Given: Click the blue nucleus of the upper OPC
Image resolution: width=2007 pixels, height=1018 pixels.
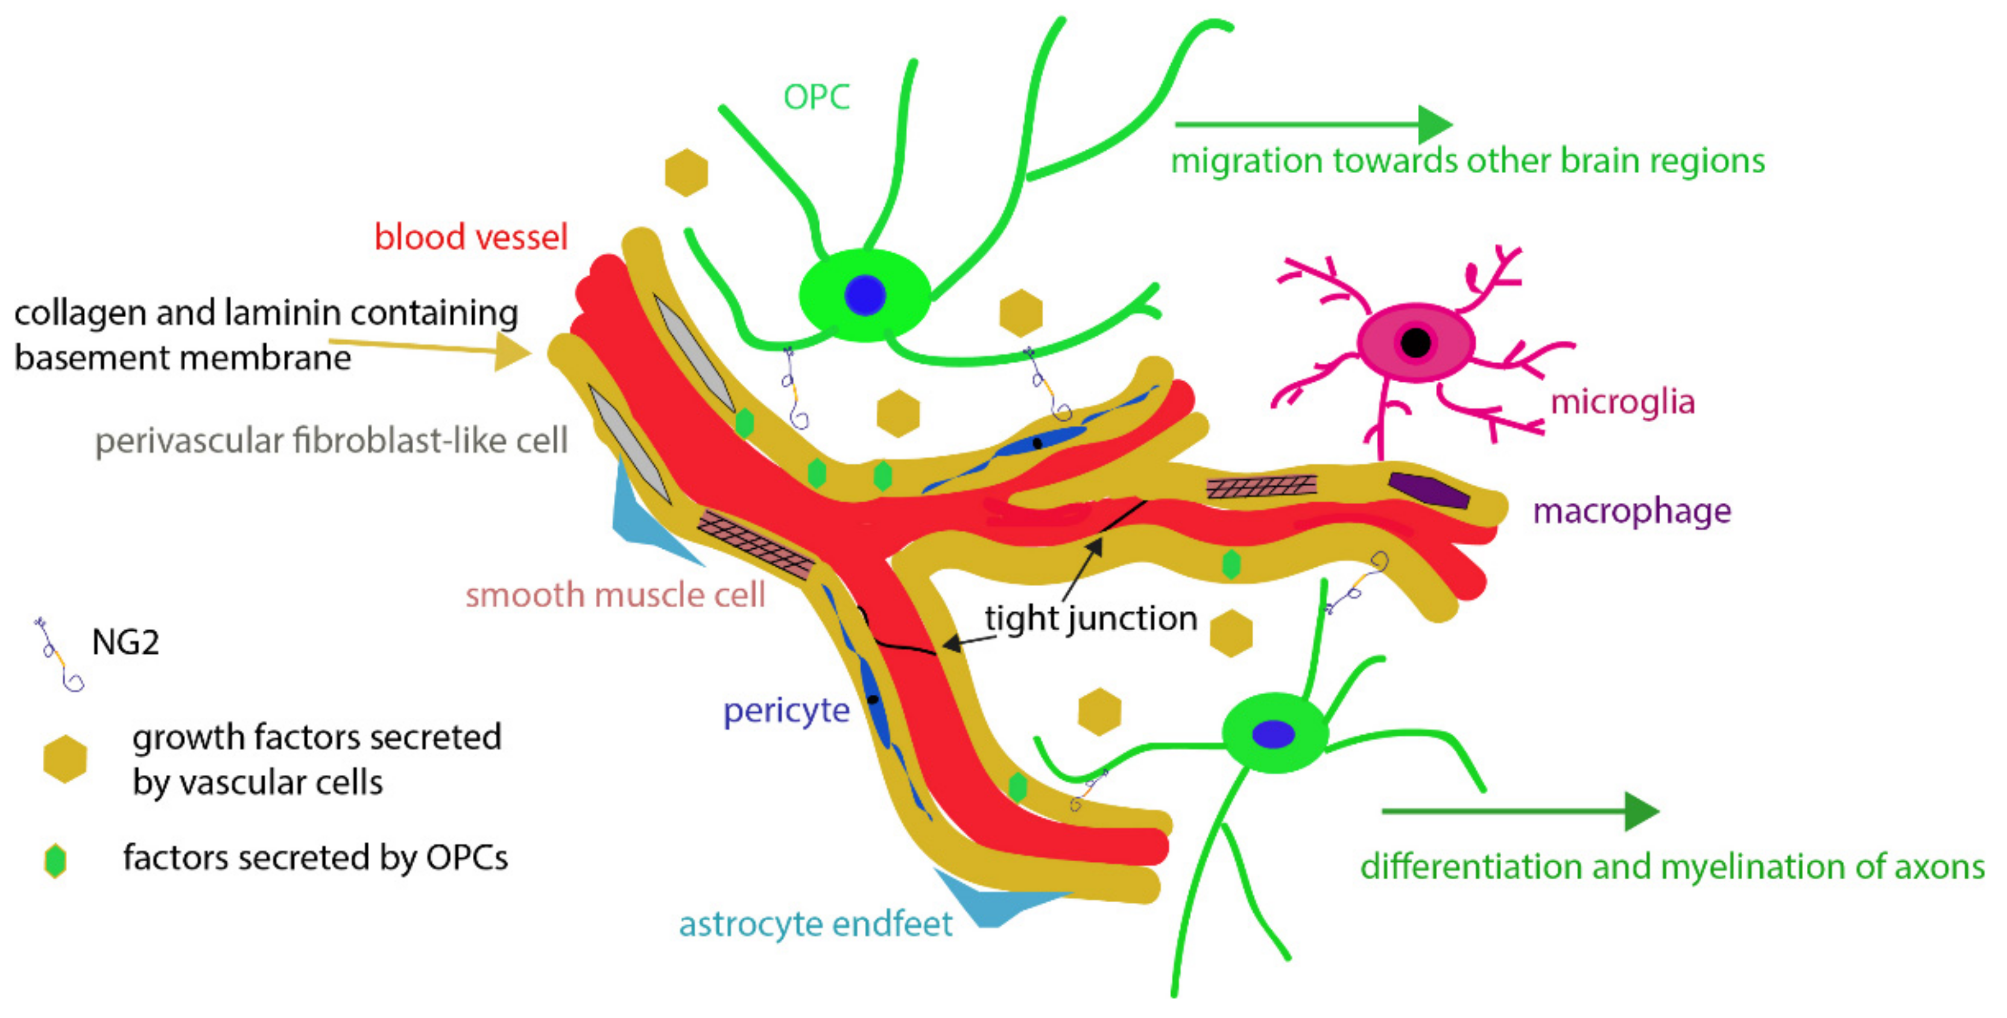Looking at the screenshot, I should pos(865,295).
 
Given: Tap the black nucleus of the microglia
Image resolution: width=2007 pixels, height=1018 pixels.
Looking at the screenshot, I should pos(1415,342).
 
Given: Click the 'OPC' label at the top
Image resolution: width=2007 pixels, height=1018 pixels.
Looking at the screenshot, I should pos(816,97).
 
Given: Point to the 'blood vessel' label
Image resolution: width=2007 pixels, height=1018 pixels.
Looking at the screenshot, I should pos(470,237).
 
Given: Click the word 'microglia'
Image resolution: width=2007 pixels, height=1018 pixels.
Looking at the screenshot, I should pos(1622,402).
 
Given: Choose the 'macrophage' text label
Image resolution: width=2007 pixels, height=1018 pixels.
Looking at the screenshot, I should pos(1631,511).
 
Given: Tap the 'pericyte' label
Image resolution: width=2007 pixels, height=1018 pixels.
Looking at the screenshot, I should pos(786,710).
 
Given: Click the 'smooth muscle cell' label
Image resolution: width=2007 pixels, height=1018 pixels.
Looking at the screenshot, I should pos(615,595).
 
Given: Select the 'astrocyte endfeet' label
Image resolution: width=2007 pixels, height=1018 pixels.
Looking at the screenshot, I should pos(815,924).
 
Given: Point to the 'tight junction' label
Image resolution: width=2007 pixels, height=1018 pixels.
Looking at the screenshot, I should pos(1091,618).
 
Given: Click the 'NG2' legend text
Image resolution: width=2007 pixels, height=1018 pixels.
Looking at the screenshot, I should pos(125,642).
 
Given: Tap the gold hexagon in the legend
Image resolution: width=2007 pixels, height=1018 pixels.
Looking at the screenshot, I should pos(65,759).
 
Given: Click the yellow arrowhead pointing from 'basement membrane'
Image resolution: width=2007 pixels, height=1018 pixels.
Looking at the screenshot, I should pos(514,353).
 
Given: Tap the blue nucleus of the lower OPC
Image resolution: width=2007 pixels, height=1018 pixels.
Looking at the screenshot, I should pos(1273,734).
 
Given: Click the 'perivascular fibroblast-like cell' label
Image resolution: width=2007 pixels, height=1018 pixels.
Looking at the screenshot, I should pos(331,441).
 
